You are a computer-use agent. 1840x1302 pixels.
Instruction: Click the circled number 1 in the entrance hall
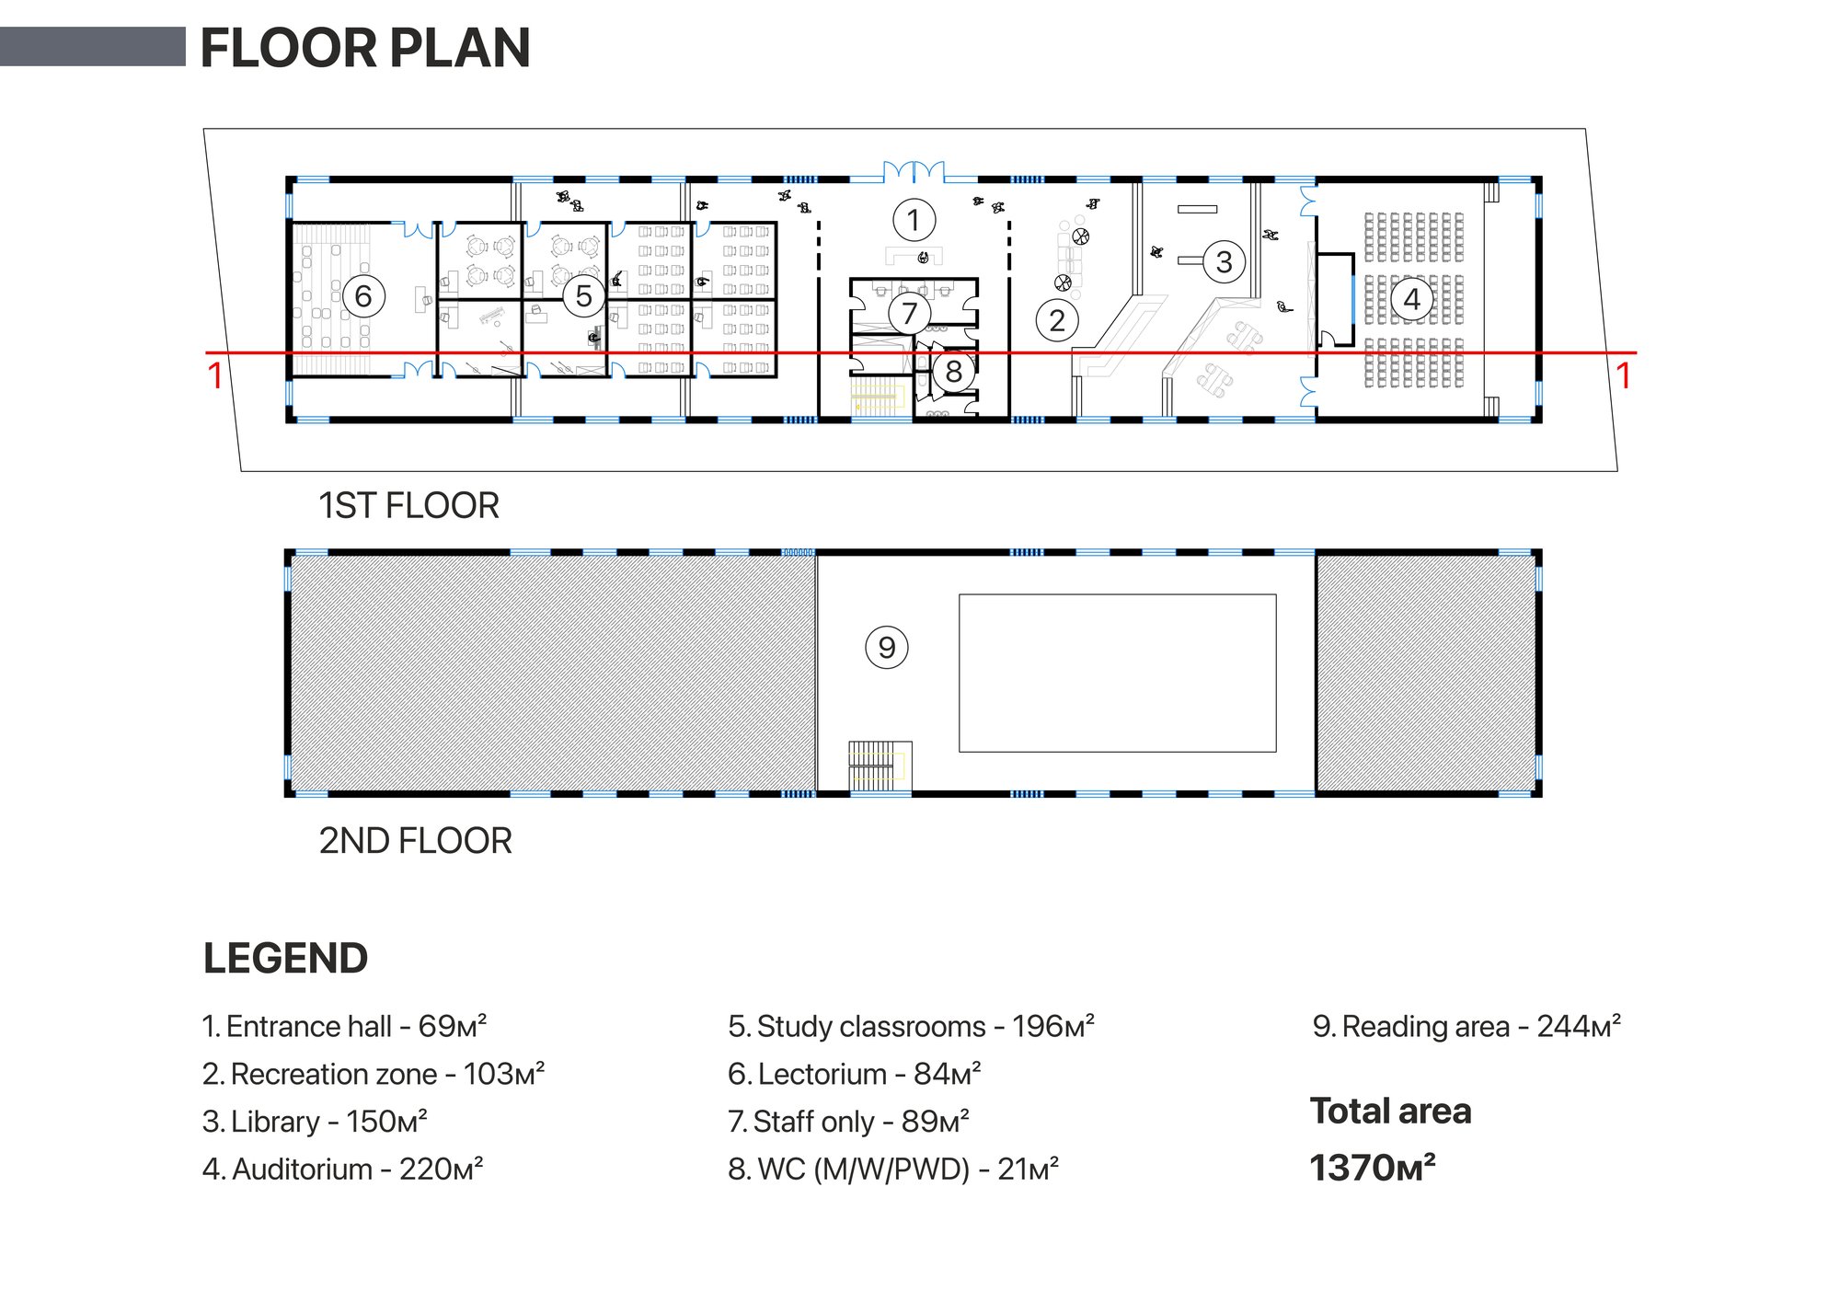[914, 220]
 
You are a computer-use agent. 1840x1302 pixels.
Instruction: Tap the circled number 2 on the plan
[1057, 320]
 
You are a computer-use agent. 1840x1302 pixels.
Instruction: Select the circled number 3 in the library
[1224, 261]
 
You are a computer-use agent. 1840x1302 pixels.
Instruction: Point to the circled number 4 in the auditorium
[1411, 299]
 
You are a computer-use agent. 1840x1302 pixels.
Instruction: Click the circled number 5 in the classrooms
[583, 295]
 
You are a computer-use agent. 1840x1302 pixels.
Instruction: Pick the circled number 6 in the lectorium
[363, 295]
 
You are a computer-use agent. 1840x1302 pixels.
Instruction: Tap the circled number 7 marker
[910, 313]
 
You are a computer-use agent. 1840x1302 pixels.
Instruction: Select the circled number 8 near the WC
[954, 372]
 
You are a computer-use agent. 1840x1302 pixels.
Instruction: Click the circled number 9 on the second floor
[887, 647]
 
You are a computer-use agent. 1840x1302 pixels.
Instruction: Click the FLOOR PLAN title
[365, 48]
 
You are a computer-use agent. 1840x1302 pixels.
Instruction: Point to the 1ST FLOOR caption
[408, 505]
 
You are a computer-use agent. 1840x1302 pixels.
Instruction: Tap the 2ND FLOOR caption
[415, 840]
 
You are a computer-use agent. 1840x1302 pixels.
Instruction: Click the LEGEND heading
[285, 958]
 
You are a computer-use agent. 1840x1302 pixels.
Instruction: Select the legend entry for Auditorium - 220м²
[342, 1169]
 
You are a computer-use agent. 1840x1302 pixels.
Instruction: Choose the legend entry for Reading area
[1466, 1026]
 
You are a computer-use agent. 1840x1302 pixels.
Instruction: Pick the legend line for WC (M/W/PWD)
[893, 1169]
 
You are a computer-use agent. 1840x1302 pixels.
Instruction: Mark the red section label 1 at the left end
[215, 375]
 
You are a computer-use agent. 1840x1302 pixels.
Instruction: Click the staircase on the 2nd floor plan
[880, 766]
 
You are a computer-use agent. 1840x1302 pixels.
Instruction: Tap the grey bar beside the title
[93, 46]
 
